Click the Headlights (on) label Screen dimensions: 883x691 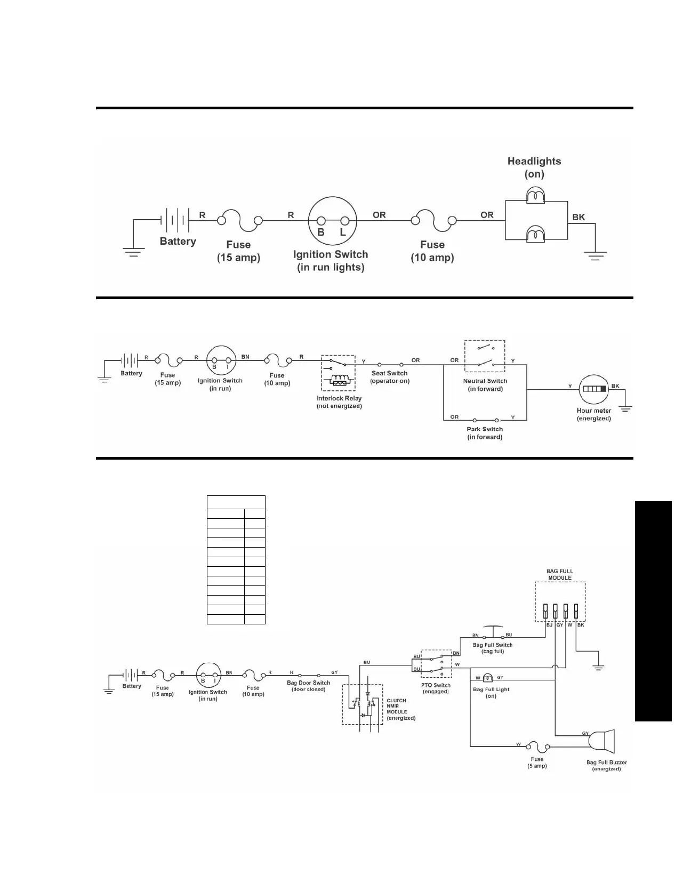(x=534, y=167)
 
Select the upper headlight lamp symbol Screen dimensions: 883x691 (x=535, y=196)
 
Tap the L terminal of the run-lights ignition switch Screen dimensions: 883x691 (x=344, y=221)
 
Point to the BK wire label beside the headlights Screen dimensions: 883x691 (x=578, y=217)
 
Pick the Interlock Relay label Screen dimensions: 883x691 (x=339, y=402)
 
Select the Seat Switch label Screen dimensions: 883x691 (x=390, y=377)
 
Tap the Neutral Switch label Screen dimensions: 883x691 (x=485, y=384)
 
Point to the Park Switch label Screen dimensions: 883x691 (x=485, y=432)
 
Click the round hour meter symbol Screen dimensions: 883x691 (x=594, y=389)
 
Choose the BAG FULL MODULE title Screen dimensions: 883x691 (x=560, y=574)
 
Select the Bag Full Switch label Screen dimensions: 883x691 (x=492, y=648)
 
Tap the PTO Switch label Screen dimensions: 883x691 (x=436, y=688)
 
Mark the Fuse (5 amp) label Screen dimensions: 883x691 (x=537, y=762)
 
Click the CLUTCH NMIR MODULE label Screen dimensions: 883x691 (x=400, y=709)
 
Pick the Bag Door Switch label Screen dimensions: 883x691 (x=308, y=686)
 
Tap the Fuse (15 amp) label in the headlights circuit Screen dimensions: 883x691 (x=238, y=251)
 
